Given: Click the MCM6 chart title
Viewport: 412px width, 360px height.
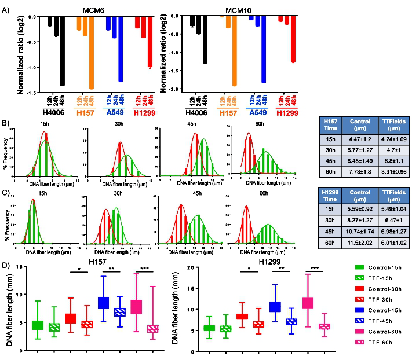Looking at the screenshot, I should (90, 6).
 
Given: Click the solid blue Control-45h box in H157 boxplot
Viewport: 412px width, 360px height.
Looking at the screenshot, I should (104, 302).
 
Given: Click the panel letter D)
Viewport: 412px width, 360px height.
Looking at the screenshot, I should (6, 266).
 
